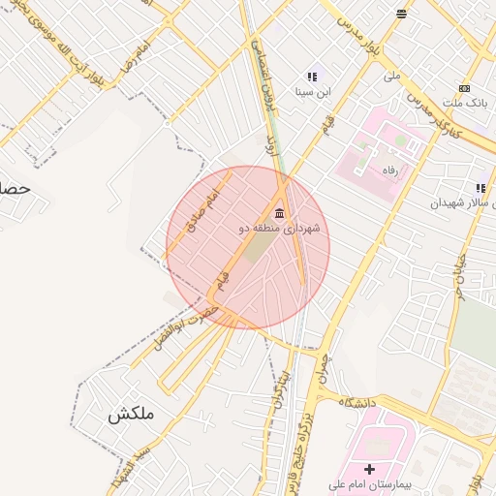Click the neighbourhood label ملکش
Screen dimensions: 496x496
point(131,415)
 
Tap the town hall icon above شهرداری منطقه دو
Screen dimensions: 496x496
point(280,214)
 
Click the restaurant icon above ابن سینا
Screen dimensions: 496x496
point(312,77)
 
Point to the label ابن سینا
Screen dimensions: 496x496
point(312,93)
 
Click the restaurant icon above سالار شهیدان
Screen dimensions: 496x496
point(480,188)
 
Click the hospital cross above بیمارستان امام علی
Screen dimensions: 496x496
point(369,469)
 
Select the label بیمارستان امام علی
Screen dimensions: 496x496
point(369,484)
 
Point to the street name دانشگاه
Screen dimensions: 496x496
point(357,401)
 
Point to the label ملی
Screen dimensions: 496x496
point(392,75)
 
